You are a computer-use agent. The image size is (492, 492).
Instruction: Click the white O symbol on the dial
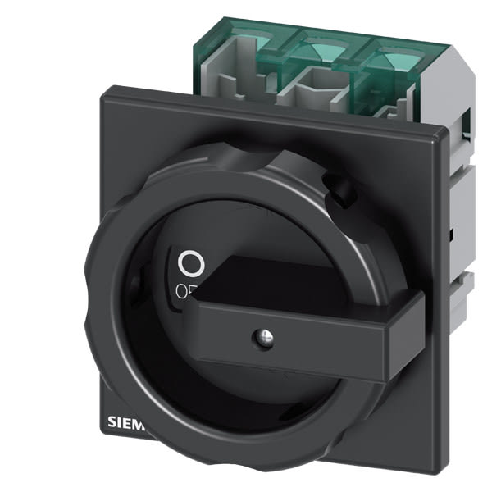pyautogui.click(x=189, y=264)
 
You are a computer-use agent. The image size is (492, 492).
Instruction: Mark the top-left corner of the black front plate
pyautogui.click(x=102, y=97)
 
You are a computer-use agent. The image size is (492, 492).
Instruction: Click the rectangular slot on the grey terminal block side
pyautogui.click(x=467, y=123)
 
